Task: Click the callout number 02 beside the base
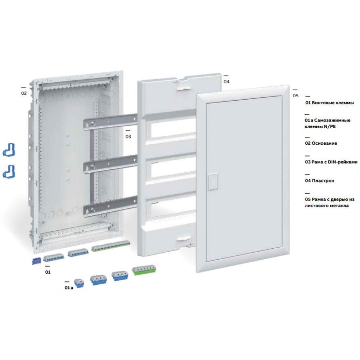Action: tap(24, 93)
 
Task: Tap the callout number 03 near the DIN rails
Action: tap(128, 136)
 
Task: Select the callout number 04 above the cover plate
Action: tap(226, 81)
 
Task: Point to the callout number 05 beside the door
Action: tap(296, 95)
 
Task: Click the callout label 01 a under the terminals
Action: tap(69, 288)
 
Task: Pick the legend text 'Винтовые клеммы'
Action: tap(333, 103)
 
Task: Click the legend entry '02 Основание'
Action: tap(321, 143)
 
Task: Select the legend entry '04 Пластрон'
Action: tap(320, 181)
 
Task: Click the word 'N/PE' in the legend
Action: tap(330, 126)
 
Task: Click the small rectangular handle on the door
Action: tap(212, 182)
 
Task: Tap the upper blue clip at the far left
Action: tap(9, 150)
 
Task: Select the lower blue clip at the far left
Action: tap(9, 171)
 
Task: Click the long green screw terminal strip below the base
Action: tap(111, 246)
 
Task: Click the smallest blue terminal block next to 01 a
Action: tap(79, 283)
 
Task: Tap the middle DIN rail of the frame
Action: tap(110, 163)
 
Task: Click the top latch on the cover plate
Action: tap(181, 86)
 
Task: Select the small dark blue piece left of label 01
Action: tap(36, 261)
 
